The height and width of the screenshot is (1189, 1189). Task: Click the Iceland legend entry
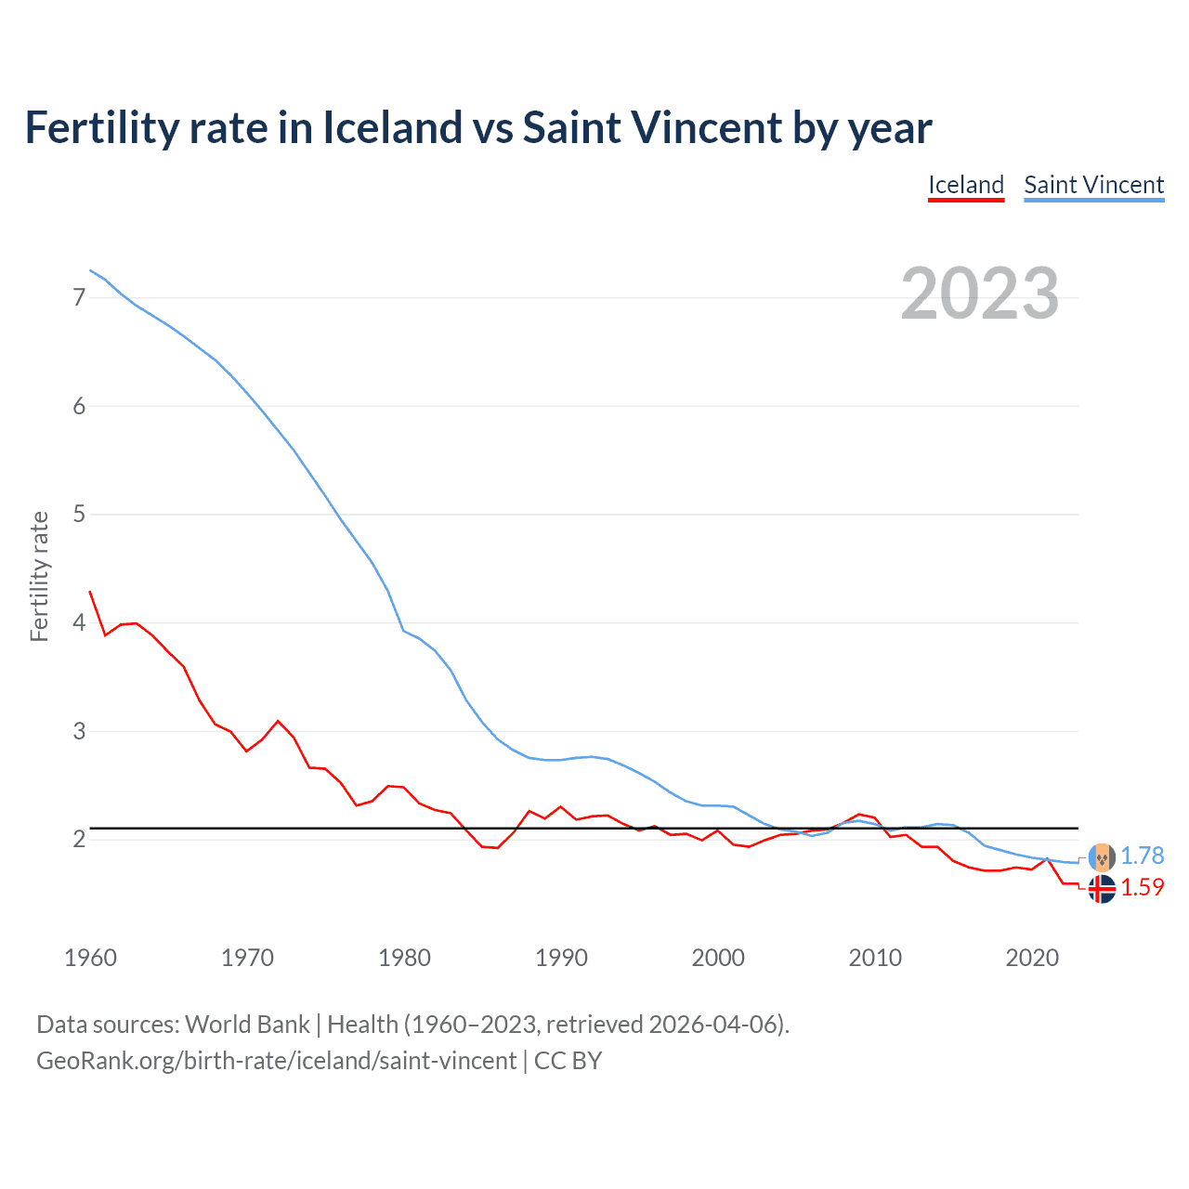[x=966, y=185]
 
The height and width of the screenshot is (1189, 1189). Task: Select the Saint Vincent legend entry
[x=1093, y=185]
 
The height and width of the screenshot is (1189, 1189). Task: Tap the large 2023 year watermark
[x=979, y=294]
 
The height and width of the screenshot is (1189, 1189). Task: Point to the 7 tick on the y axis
[x=79, y=297]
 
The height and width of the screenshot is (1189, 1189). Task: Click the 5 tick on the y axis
[x=79, y=514]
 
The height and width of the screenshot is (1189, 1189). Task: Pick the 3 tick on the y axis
[x=79, y=731]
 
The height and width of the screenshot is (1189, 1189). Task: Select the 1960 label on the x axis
[x=90, y=958]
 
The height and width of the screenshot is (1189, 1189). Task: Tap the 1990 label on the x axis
[x=561, y=958]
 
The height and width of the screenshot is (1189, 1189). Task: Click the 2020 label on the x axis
[x=1032, y=958]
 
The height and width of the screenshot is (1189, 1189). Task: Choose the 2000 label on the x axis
[x=718, y=958]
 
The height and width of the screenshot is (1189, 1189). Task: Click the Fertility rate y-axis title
[x=39, y=576]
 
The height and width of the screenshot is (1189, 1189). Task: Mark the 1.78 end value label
[x=1142, y=856]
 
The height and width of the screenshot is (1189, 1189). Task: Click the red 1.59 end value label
[x=1142, y=888]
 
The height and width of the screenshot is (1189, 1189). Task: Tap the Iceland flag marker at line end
[x=1102, y=889]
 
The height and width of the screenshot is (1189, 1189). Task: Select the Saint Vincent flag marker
[x=1102, y=856]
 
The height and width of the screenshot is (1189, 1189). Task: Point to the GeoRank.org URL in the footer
[x=276, y=1061]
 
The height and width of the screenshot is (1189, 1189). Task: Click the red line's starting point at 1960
[x=90, y=592]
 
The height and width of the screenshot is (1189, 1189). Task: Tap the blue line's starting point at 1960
[x=90, y=270]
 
